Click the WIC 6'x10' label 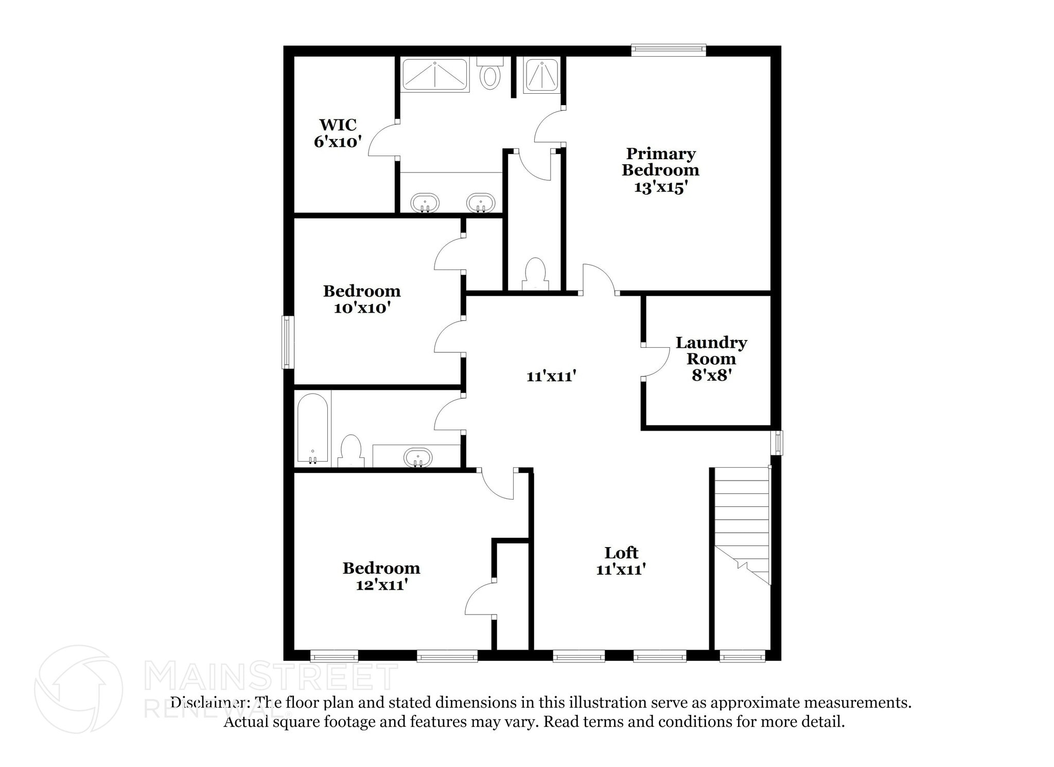click(338, 133)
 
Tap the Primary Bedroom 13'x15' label click(660, 170)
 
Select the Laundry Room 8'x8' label click(711, 359)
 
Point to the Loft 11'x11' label click(621, 561)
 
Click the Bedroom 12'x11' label click(381, 576)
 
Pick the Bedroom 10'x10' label click(362, 299)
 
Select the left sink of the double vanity click(425, 202)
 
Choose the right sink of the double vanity click(481, 202)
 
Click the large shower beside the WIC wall click(435, 75)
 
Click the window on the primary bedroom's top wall click(669, 49)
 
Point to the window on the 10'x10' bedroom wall click(287, 342)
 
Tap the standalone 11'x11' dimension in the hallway click(551, 377)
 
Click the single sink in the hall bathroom click(417, 457)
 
